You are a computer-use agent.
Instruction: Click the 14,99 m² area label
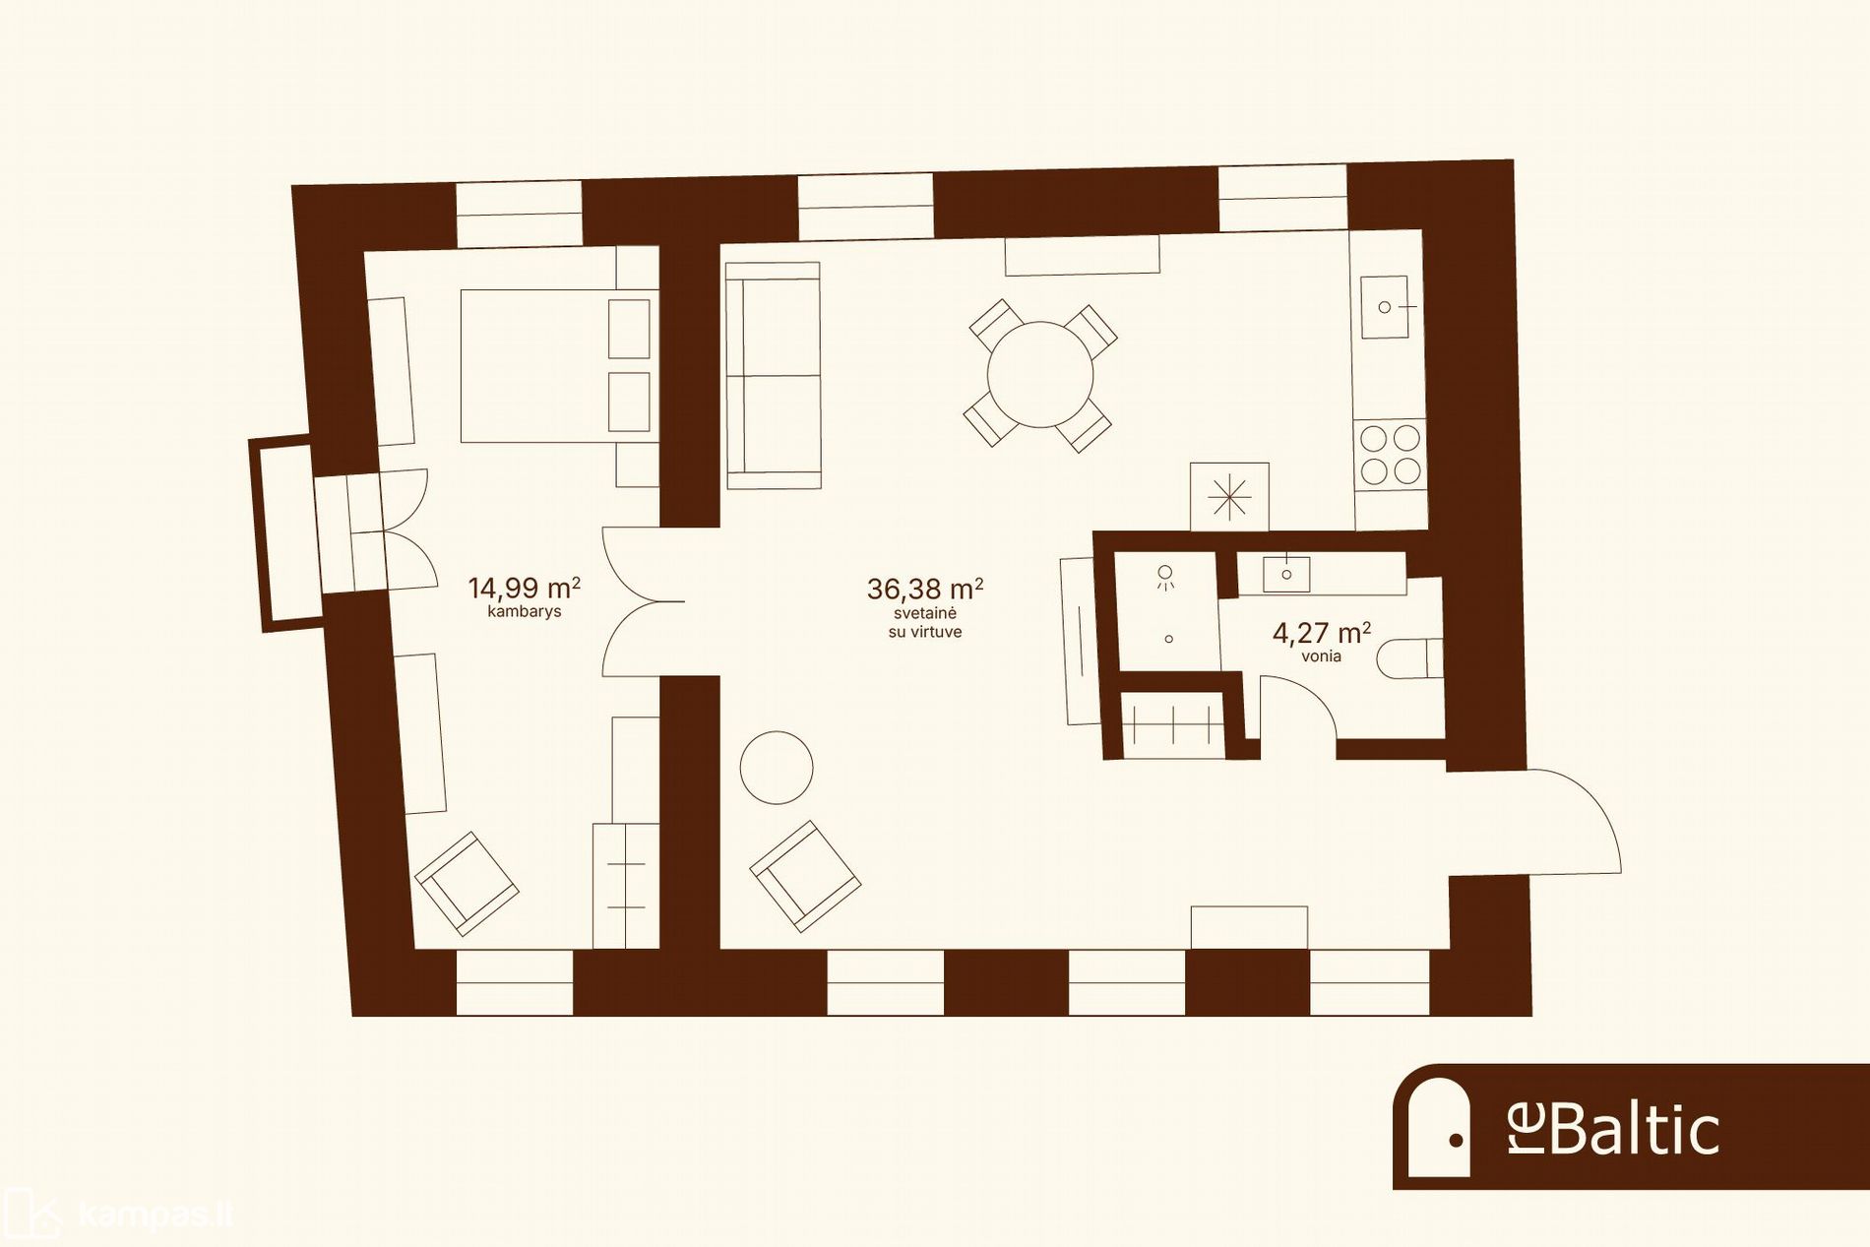pos(524,588)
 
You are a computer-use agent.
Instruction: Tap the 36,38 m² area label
pos(925,589)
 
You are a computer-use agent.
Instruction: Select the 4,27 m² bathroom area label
pos(1321,633)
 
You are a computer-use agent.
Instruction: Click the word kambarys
pos(524,611)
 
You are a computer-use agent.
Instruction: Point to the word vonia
pos(1321,656)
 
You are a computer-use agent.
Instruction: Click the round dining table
pos(1040,375)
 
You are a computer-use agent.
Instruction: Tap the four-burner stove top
pos(1391,454)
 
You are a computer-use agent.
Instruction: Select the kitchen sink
pos(1385,307)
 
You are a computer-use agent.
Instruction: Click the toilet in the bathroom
pos(1409,659)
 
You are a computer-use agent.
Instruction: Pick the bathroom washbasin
pos(1286,574)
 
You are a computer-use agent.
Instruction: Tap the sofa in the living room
pos(773,375)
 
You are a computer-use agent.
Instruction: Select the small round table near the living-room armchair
pos(777,768)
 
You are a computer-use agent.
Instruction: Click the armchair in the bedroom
pos(467,883)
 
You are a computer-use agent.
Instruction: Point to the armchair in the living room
pos(805,876)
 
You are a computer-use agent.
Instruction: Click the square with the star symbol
pos(1229,497)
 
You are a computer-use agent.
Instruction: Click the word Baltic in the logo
pos(1635,1129)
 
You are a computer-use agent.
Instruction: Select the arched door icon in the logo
pos(1438,1127)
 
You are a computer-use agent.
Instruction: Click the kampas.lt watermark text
pos(155,1216)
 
